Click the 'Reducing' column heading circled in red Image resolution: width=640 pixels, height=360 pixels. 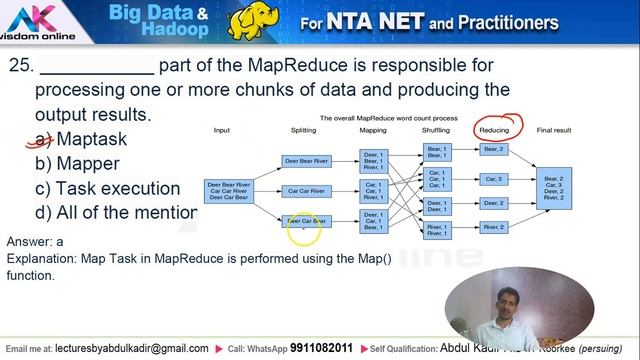point(494,130)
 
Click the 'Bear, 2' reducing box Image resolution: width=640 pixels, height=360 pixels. point(494,149)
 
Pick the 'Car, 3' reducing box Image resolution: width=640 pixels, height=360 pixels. point(494,179)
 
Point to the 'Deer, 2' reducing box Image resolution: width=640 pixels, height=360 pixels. point(494,203)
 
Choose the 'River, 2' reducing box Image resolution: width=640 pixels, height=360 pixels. point(494,228)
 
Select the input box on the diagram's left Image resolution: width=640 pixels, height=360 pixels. point(229,190)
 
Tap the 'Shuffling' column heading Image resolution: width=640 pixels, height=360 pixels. point(435,130)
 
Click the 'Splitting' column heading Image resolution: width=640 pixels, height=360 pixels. point(303,130)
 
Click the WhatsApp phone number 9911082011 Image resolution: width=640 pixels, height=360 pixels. point(316,348)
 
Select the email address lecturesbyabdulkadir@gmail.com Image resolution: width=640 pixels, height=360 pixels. point(132,348)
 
